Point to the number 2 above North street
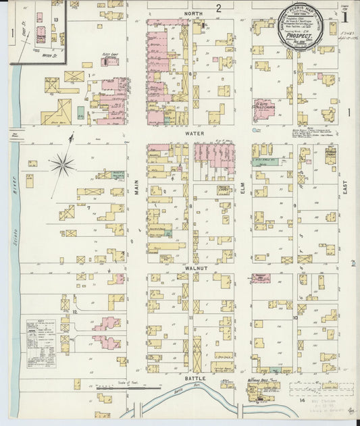tap(219, 8)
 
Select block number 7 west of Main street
tap(88, 207)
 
